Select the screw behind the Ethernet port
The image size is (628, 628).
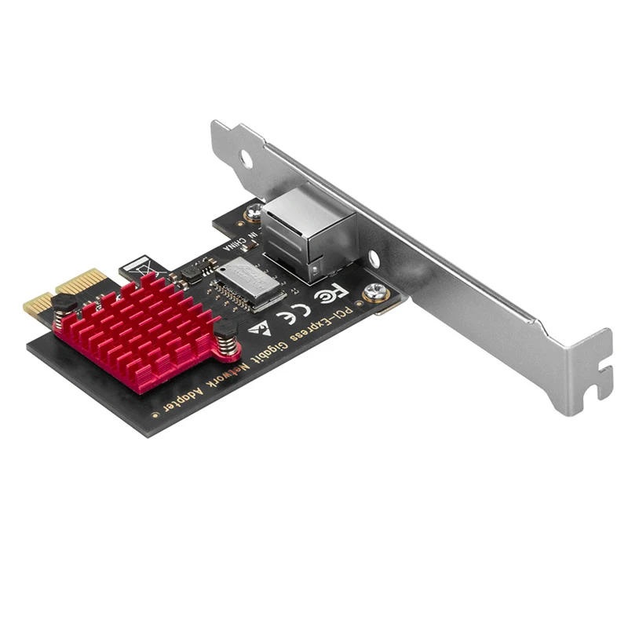(x=254, y=210)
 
